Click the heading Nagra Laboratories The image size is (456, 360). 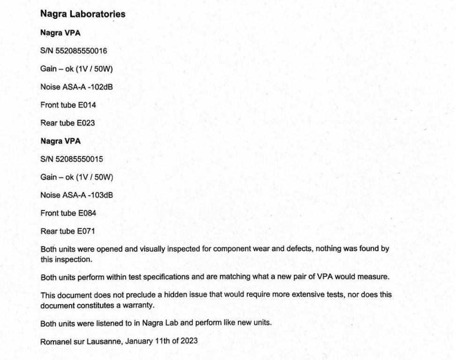(x=83, y=14)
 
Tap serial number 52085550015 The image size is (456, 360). (x=79, y=159)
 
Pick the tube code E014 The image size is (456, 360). (x=87, y=105)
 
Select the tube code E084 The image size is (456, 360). (x=87, y=213)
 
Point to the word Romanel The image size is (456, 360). (x=55, y=341)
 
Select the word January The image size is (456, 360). (x=139, y=341)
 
